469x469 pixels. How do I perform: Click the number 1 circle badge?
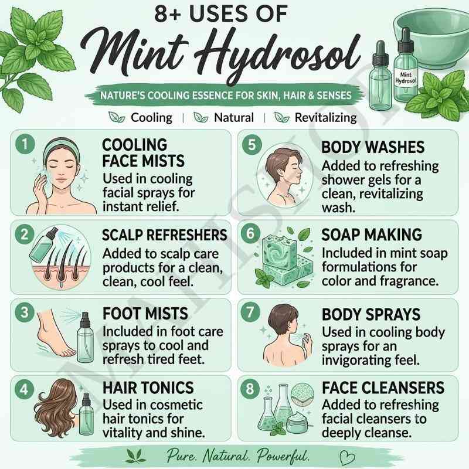point(25,144)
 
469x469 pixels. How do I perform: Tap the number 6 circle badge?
point(250,233)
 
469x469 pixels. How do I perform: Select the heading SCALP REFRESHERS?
point(165,235)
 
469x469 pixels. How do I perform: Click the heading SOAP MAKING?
point(372,235)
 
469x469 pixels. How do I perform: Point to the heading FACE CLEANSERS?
point(383,388)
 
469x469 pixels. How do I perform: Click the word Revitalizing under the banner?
point(326,118)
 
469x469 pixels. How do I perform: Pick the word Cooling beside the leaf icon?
point(152,118)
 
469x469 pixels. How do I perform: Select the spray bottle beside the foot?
point(85,338)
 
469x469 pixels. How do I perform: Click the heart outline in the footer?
point(348,458)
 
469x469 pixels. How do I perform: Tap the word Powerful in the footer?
point(283,456)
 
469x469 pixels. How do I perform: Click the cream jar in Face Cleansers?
point(297,422)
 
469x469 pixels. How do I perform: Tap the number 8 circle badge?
point(250,389)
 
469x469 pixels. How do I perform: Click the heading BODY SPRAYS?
point(371,314)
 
